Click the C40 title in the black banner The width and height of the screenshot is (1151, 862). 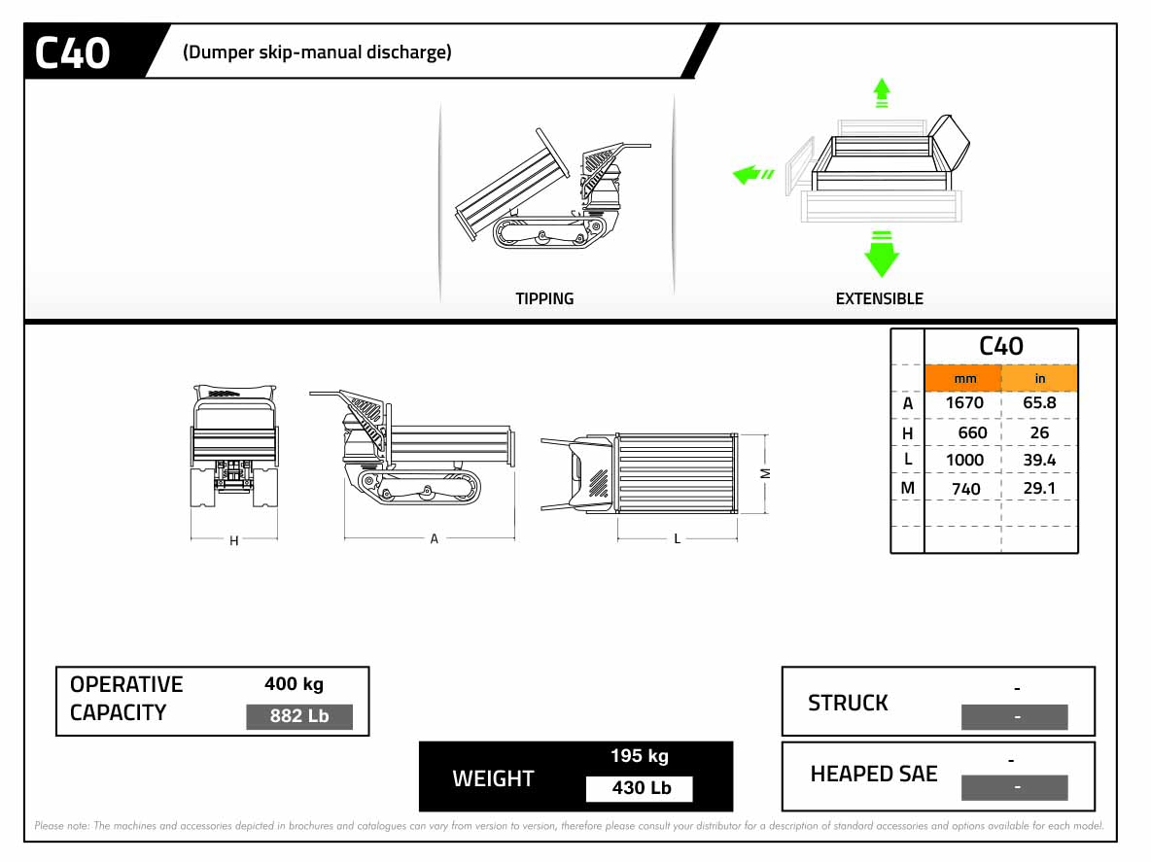pos(73,52)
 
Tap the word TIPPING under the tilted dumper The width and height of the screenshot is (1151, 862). pos(544,299)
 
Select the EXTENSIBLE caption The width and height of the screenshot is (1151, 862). pos(879,299)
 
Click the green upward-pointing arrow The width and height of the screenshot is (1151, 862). pos(882,92)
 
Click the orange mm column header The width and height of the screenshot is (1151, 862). pos(963,378)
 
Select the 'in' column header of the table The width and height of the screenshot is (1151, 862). pos(1039,378)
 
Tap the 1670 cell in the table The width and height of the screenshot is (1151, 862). pos(963,402)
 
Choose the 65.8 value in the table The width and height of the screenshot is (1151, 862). pos(1039,402)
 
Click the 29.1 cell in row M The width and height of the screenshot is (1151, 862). pos(1039,488)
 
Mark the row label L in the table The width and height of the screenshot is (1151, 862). pos(908,459)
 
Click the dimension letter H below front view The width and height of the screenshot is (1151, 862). pos(234,541)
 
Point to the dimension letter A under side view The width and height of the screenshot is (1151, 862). pos(435,538)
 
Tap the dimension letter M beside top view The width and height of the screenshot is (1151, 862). pos(765,473)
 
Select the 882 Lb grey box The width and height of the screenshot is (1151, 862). pos(298,717)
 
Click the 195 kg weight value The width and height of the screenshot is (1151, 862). pos(639,756)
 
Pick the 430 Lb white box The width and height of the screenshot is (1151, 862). pos(640,788)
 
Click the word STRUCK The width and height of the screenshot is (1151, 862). pos(848,703)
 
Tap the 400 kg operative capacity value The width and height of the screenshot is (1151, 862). pos(294,684)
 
